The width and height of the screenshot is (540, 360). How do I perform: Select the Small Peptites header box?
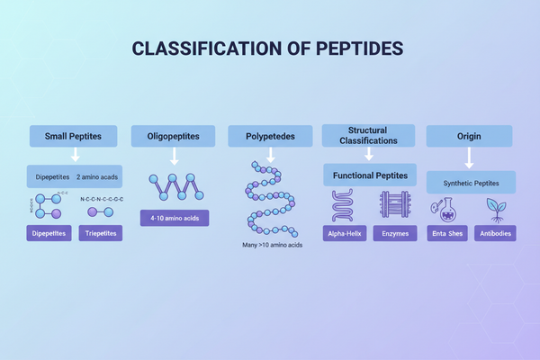76,137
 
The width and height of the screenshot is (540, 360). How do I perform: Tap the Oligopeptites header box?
173,137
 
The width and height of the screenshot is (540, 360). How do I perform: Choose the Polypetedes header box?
269,137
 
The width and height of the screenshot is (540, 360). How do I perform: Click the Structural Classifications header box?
369,135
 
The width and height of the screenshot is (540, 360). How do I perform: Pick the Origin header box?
468,137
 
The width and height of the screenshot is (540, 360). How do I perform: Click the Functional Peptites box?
369,175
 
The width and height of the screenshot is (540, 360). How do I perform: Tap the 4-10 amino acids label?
174,218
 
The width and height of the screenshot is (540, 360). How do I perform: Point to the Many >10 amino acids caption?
270,244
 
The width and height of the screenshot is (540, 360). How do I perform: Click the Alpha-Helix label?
346,233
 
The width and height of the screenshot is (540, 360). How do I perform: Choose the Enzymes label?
394,233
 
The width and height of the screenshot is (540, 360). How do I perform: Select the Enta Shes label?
446,233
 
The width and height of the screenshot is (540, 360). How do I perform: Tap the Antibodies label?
493,233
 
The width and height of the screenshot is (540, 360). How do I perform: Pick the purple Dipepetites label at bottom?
49,233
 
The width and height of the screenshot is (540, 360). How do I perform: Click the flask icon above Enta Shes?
446,207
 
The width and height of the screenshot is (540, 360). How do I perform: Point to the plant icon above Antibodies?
493,207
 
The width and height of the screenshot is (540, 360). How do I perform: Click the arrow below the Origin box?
468,159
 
